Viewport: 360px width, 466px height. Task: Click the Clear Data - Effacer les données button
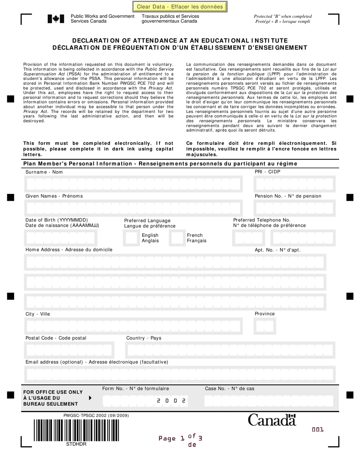[x=180, y=6]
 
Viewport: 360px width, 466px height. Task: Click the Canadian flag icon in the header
[x=53, y=19]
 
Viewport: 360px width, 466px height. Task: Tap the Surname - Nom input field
[x=133, y=184]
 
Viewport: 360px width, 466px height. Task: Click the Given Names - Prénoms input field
[x=133, y=208]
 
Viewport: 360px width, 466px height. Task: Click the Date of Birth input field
[x=61, y=238]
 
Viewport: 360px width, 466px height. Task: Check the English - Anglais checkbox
[x=133, y=238]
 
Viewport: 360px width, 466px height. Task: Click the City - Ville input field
[x=133, y=326]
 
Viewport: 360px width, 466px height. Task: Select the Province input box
[x=265, y=326]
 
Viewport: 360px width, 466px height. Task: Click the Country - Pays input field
[x=230, y=350]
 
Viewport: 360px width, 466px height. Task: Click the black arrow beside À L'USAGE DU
[x=90, y=398]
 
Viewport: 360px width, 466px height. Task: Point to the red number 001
[x=318, y=430]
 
